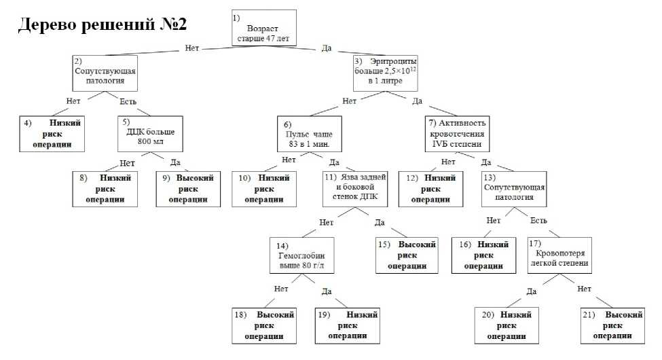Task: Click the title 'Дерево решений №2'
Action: click(102, 24)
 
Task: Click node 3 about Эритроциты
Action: click(385, 73)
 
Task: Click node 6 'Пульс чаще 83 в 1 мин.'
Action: click(309, 136)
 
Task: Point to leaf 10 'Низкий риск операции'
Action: click(264, 188)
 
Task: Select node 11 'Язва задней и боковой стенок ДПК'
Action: click(356, 188)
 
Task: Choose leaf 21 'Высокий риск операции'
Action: click(612, 325)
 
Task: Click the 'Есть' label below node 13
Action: click(539, 221)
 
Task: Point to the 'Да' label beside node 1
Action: click(326, 48)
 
